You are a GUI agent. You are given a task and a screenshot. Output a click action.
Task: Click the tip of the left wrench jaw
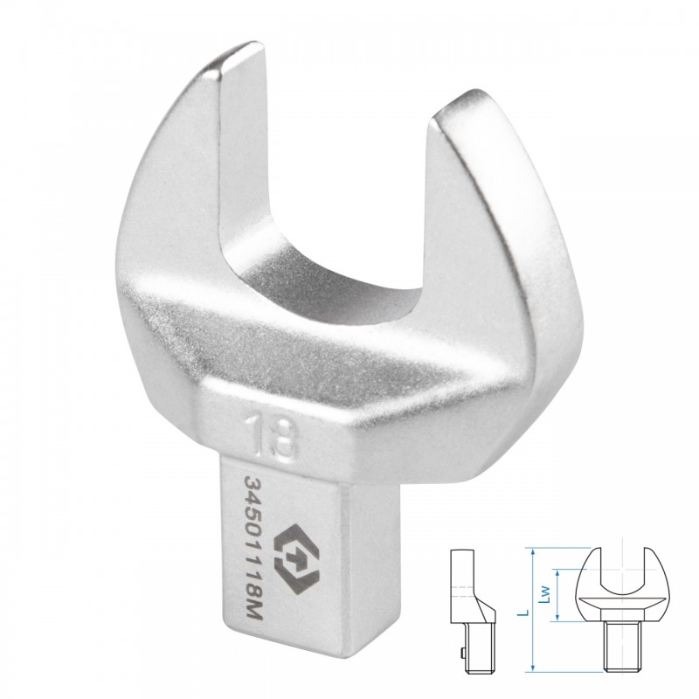pyautogui.click(x=243, y=50)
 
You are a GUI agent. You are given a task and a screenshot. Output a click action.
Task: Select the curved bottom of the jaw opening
pyautogui.click(x=325, y=286)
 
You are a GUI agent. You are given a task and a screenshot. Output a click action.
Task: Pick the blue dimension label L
pyautogui.click(x=526, y=612)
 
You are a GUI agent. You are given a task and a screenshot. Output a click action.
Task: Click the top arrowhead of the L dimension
pyautogui.click(x=532, y=550)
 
